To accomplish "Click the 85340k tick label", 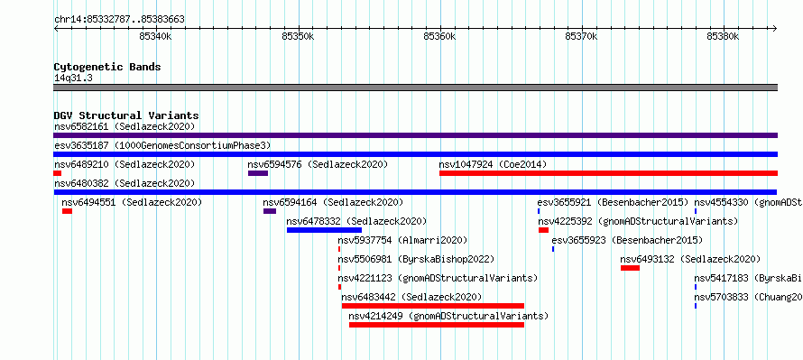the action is (155, 36).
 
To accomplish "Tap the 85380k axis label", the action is (723, 36).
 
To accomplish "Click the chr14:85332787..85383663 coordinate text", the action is (119, 20).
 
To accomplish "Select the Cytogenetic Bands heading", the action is (107, 67).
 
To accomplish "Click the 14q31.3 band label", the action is (73, 78).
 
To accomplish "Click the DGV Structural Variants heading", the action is (126, 115).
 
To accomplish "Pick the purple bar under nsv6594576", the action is (258, 173).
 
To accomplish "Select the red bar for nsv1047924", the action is (608, 173).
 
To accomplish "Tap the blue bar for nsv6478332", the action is (324, 230).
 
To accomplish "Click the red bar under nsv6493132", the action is (630, 268).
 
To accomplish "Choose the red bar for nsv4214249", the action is (437, 325).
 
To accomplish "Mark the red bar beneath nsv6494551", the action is (67, 211).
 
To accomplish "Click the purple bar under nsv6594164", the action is (270, 211).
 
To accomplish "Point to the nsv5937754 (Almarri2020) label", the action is (402, 241).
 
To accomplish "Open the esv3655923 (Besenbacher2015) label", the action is (627, 241).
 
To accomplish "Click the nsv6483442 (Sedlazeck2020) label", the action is (411, 298).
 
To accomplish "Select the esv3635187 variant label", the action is (81, 145).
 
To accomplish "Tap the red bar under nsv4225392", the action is (543, 230).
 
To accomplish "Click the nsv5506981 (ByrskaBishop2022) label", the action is (416, 260).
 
